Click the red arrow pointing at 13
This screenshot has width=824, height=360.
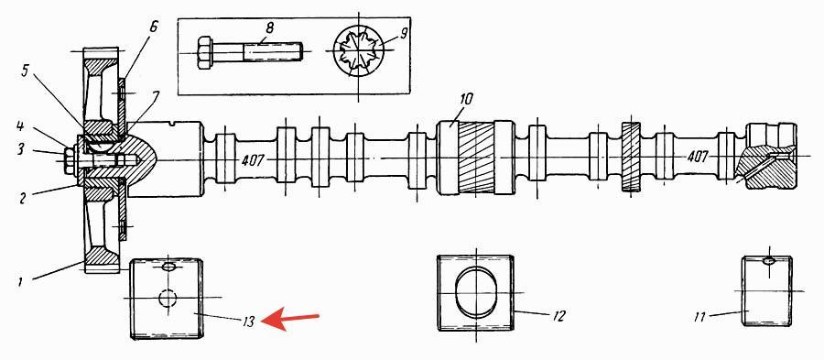pos(290,319)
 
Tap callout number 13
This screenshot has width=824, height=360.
pos(249,322)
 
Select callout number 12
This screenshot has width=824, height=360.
pos(558,316)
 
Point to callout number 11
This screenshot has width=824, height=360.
pos(699,316)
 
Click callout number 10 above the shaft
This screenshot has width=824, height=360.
pos(467,98)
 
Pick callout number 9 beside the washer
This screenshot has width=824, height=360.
pos(404,34)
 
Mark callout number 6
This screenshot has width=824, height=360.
pos(154,27)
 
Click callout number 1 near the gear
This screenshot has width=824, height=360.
pos(20,282)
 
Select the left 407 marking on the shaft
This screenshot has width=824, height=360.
pos(253,159)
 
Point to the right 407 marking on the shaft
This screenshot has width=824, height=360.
pos(699,157)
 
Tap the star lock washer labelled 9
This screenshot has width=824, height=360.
pos(358,51)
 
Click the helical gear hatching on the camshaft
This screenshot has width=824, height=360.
pos(476,158)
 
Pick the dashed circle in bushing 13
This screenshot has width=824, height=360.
pos(168,298)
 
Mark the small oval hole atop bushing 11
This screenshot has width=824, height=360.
pos(769,260)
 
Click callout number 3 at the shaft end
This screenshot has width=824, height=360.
pos(20,150)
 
